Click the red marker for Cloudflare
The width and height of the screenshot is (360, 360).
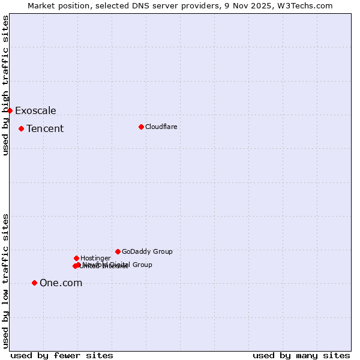[141, 127]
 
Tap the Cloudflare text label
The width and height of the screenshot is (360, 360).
[161, 127]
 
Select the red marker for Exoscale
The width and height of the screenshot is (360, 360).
[10, 110]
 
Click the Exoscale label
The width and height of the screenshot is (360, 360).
[35, 110]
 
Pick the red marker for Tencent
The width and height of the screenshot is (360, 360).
[21, 128]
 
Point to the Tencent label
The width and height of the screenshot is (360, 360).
[45, 128]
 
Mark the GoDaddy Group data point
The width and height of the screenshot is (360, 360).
[118, 251]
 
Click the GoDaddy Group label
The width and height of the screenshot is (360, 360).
[147, 251]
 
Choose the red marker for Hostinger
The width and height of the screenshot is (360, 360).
[76, 258]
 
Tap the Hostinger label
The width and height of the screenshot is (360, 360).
[95, 258]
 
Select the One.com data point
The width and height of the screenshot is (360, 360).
[34, 283]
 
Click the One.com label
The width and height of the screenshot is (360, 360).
[61, 283]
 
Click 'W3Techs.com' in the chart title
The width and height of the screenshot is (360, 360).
[304, 5]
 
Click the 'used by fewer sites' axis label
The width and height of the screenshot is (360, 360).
[62, 355]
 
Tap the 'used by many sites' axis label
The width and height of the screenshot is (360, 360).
[301, 355]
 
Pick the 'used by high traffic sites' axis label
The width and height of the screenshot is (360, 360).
[5, 85]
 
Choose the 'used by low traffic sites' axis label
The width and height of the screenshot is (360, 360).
[5, 281]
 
